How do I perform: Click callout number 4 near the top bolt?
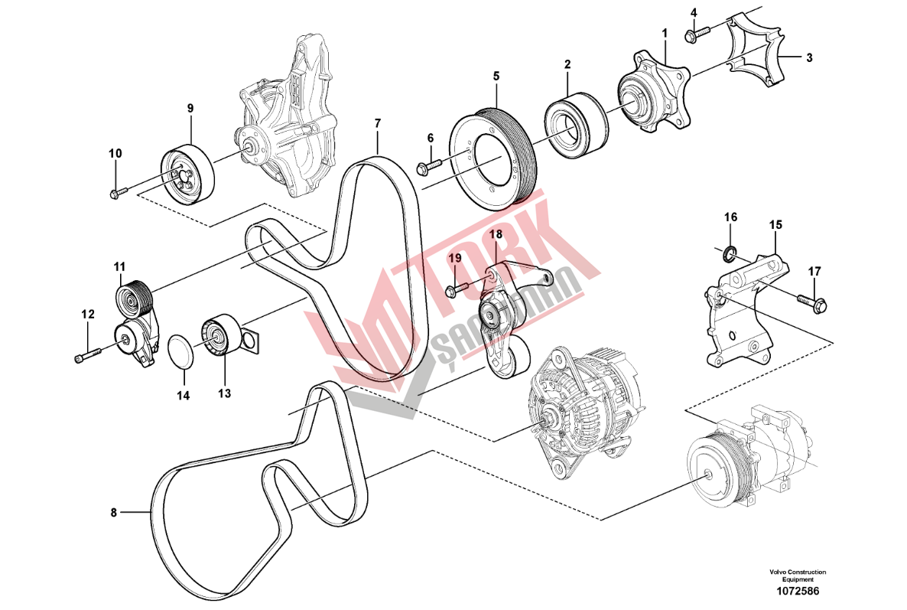coord(694,13)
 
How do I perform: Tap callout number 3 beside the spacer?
coord(809,57)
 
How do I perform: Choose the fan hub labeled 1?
coord(655,92)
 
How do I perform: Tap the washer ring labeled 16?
coord(730,251)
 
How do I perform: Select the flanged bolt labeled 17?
coord(813,302)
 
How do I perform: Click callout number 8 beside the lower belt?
coord(113,512)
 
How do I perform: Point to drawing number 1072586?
coord(797,591)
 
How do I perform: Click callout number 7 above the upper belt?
coord(378,122)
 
